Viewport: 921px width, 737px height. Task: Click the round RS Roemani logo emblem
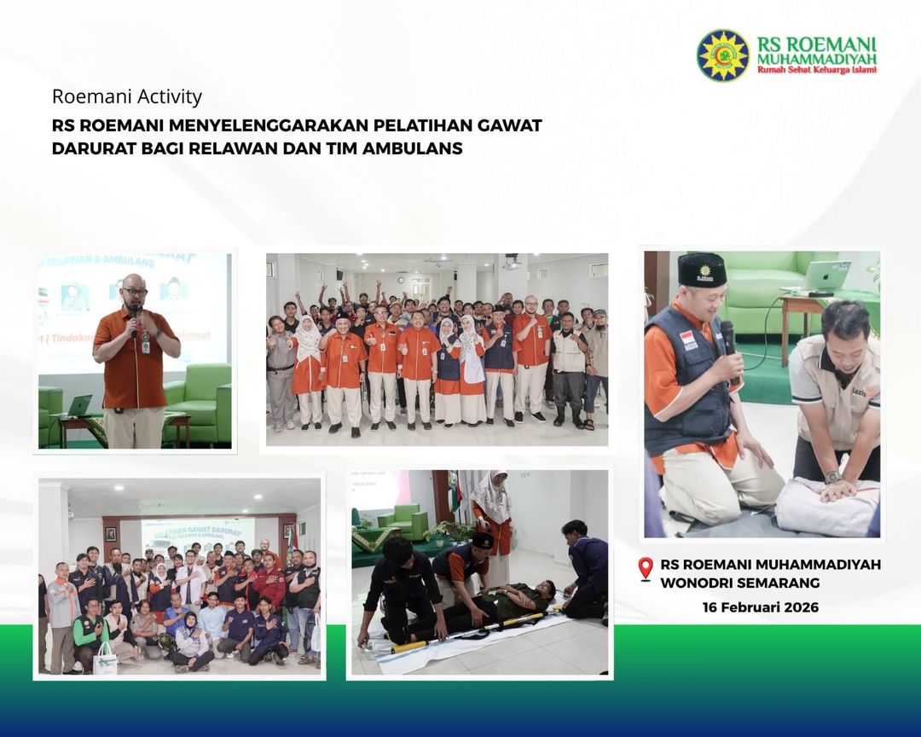click(x=722, y=55)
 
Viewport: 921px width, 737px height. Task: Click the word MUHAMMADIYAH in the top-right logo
click(x=816, y=60)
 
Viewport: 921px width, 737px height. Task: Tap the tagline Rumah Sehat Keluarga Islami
click(x=816, y=71)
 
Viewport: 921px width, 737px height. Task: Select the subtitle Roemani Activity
click(x=127, y=96)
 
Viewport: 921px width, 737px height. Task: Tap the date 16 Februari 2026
click(x=760, y=607)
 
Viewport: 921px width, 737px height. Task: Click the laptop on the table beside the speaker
click(x=79, y=405)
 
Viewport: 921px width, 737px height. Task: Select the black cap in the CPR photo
click(x=702, y=270)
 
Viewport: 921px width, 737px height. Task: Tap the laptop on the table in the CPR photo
click(x=825, y=276)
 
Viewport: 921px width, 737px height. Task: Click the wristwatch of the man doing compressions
click(x=831, y=478)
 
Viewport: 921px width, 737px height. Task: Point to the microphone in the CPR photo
click(x=727, y=337)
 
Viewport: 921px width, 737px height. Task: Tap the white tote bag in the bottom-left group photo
click(x=105, y=659)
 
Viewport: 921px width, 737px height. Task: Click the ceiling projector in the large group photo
click(x=512, y=263)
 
